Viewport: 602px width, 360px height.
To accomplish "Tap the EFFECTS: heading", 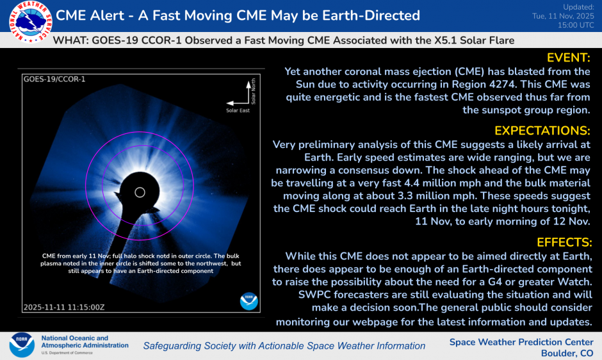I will tap(563, 242).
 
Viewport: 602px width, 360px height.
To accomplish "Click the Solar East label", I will tap(238, 111).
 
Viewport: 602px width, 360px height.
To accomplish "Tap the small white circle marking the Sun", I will tap(140, 192).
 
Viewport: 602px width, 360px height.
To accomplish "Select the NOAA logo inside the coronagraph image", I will tap(248, 300).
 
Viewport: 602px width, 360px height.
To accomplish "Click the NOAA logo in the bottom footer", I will tap(22, 345).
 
